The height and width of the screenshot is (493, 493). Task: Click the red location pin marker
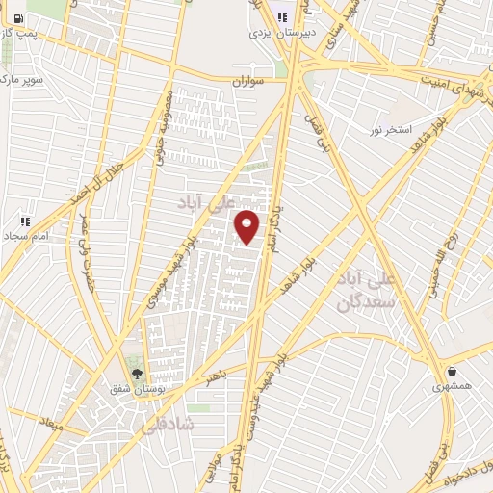[248, 226]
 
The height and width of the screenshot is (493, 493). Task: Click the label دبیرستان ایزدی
[281, 32]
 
